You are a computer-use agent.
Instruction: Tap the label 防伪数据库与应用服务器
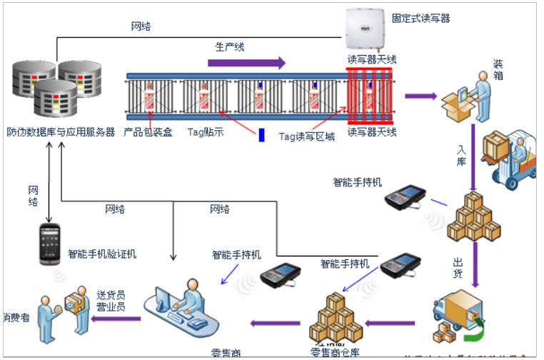point(61,132)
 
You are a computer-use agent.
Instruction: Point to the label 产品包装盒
point(148,132)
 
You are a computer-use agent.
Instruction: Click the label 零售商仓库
point(335,351)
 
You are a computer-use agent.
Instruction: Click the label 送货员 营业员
point(111,301)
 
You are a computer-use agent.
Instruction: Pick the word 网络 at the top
point(141,26)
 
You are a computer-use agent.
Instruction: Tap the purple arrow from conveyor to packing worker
point(420,95)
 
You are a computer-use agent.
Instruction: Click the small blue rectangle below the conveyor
point(261,134)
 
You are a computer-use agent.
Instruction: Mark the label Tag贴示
point(206,132)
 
